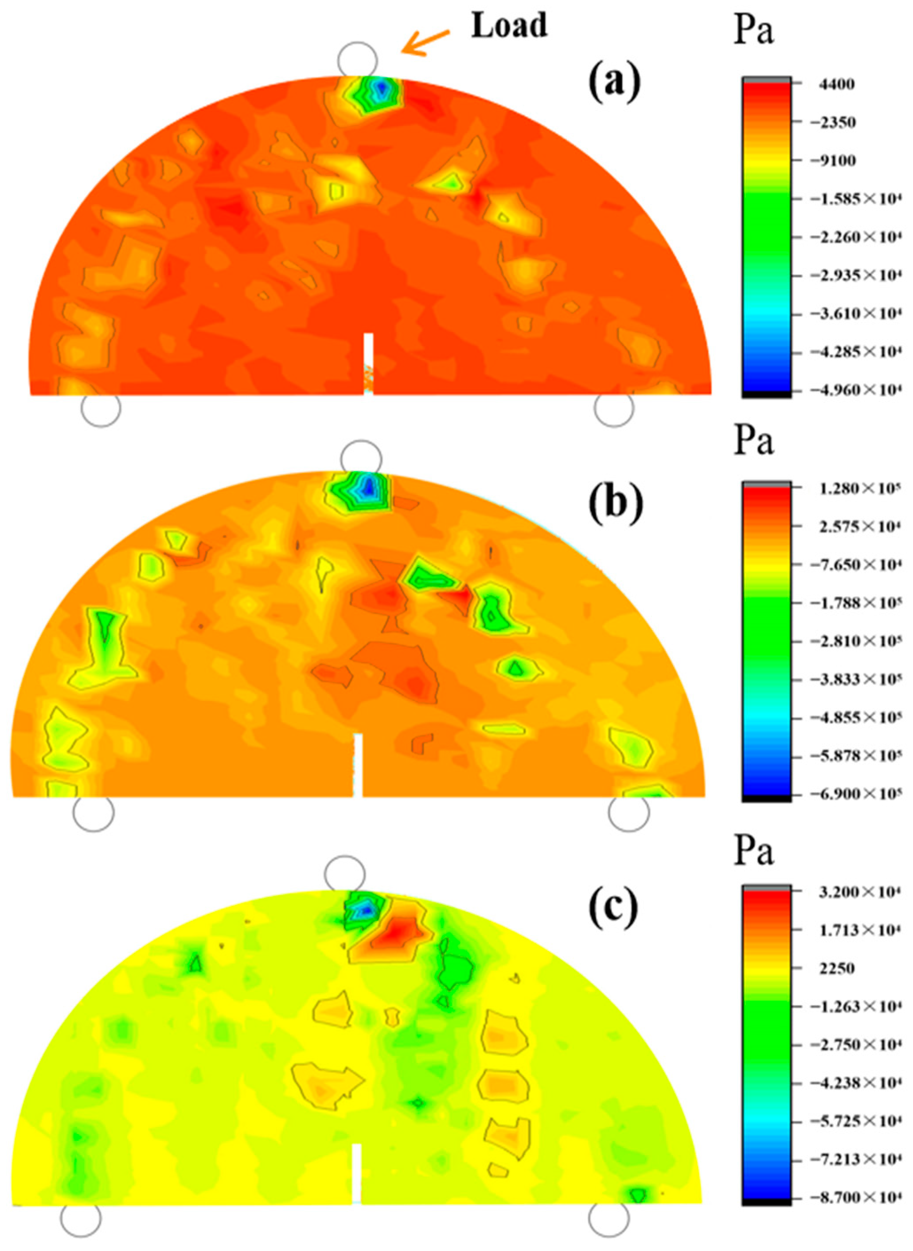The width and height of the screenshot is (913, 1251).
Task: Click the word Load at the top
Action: point(508,26)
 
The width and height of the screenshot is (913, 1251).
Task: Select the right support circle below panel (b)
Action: point(628,811)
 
